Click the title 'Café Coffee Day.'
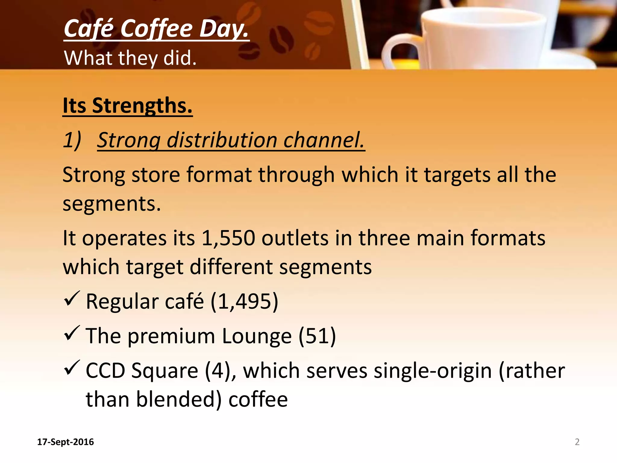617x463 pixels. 156,29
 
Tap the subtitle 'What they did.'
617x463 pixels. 130,58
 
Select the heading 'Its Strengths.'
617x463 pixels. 127,106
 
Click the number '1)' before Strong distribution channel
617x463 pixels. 72,140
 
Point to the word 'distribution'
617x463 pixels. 222,140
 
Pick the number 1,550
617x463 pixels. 228,238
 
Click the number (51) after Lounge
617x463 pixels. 317,336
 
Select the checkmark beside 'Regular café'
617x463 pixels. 72,298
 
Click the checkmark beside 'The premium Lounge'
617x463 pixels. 72,333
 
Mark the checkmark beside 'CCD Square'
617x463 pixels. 72,368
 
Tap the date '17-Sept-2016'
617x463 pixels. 65,442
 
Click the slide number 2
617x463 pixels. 577,442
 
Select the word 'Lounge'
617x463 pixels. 257,336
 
